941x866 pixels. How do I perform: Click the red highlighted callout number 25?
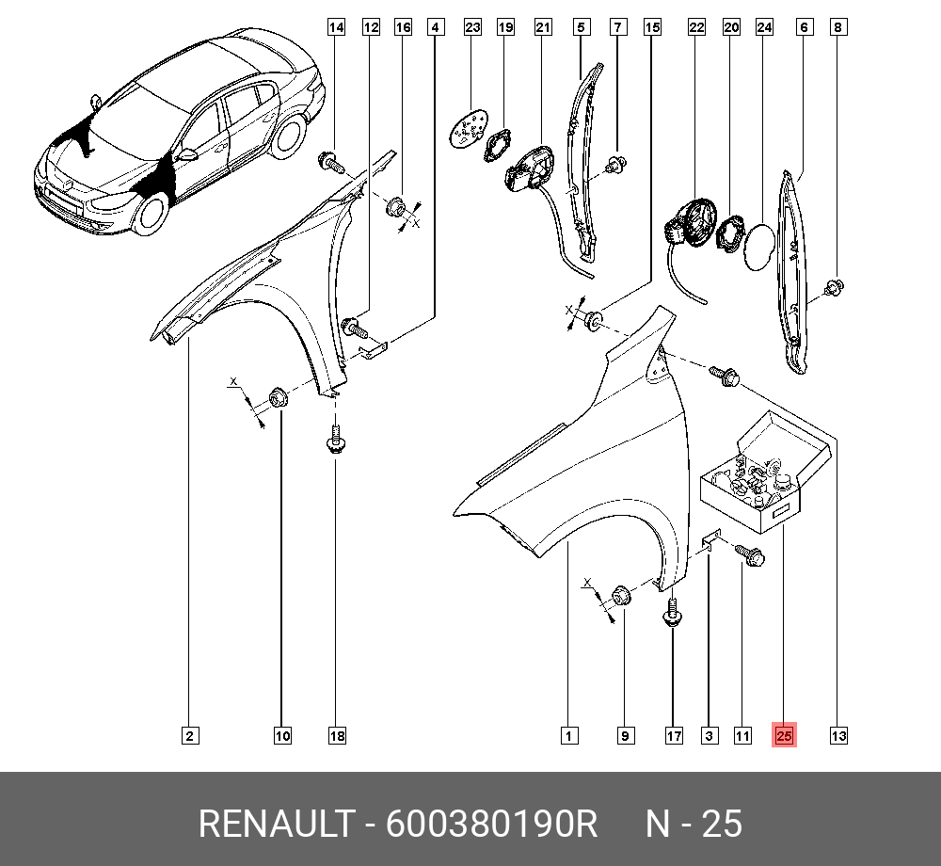(x=784, y=735)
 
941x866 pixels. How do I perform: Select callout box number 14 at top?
(x=335, y=27)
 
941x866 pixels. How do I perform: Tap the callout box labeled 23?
(x=472, y=27)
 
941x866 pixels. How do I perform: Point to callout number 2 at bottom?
(x=189, y=735)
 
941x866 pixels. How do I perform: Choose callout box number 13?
(x=837, y=735)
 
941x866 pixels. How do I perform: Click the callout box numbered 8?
(x=837, y=27)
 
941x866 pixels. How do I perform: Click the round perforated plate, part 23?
(x=468, y=130)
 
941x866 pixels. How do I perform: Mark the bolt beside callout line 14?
(x=331, y=163)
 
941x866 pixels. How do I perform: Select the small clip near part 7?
(x=616, y=167)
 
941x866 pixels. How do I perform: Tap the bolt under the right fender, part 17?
(x=672, y=615)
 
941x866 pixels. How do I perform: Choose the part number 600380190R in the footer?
(x=492, y=824)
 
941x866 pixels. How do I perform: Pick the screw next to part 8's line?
(x=833, y=287)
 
